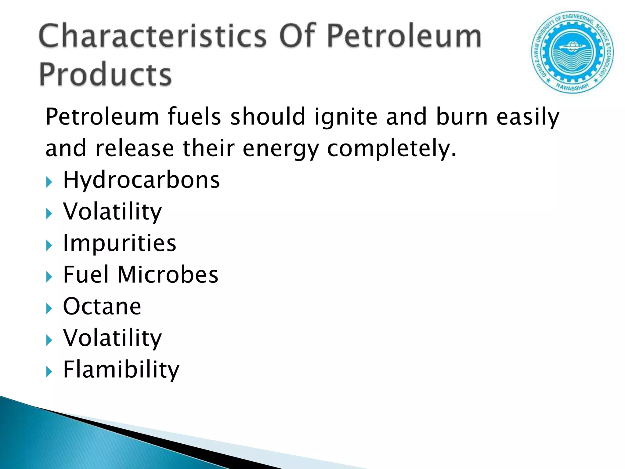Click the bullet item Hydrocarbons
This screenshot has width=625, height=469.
click(x=141, y=180)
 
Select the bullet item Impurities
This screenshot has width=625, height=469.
click(x=120, y=243)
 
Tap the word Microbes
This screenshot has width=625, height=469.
click(x=168, y=274)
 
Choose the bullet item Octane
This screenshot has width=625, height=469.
click(x=102, y=306)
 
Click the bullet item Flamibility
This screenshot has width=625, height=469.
click(x=121, y=369)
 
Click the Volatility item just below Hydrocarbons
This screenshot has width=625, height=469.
click(x=112, y=211)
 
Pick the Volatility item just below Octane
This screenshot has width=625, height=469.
click(x=112, y=338)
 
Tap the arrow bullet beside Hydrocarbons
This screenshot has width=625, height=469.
click(x=49, y=183)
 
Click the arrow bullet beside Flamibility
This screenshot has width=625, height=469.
click(x=49, y=372)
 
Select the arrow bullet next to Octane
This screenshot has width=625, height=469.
click(x=49, y=309)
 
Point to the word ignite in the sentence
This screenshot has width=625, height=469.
click(x=346, y=117)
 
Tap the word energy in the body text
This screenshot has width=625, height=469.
click(x=281, y=149)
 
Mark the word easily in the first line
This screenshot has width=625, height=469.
click(x=528, y=117)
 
